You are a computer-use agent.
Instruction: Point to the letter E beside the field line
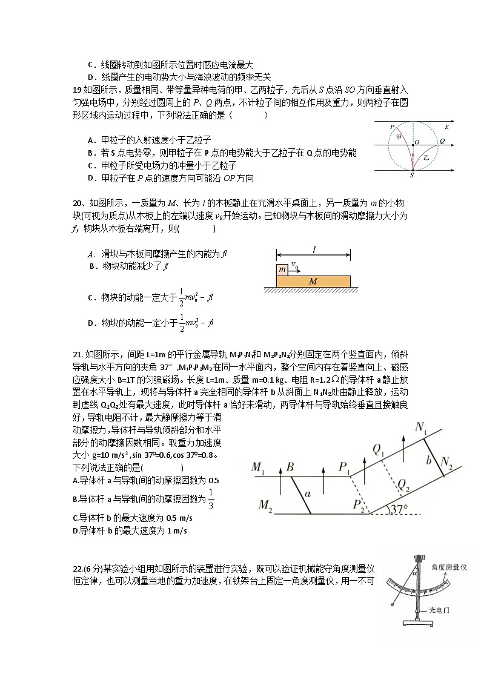[x=446, y=127]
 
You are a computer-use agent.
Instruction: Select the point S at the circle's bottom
[x=412, y=175]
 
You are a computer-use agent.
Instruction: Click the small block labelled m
[x=282, y=269]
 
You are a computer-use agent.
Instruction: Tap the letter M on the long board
[x=313, y=282]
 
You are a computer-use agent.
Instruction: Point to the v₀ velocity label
[x=294, y=265]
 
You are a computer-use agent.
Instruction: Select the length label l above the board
[x=314, y=249]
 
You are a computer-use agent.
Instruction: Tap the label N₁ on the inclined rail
[x=421, y=427]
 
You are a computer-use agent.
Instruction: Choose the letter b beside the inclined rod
[x=428, y=460]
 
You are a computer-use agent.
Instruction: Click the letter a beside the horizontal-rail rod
[x=308, y=494]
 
